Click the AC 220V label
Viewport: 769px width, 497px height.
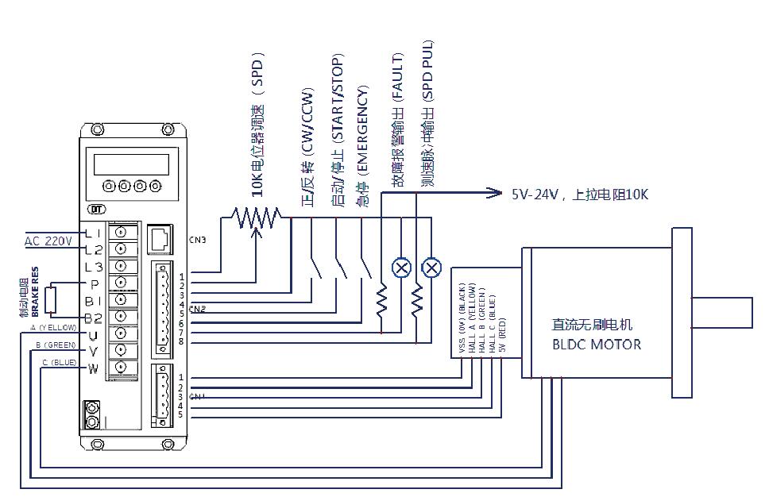(x=48, y=241)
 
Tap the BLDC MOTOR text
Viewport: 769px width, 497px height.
(x=596, y=345)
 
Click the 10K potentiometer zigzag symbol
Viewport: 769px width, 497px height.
(x=256, y=214)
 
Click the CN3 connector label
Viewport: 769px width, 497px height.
(x=197, y=238)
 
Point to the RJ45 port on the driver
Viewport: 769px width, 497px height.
(x=160, y=237)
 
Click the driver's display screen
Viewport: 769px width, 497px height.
(x=131, y=164)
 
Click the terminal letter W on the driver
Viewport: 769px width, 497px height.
(x=93, y=368)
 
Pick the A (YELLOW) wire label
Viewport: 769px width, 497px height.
(x=53, y=327)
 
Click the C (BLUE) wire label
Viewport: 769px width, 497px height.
(x=60, y=362)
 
